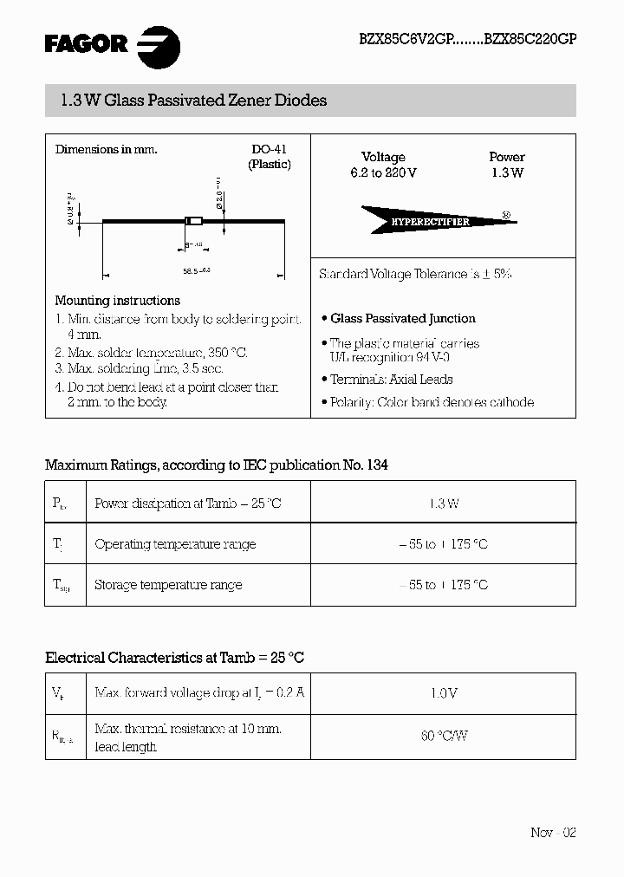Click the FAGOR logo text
pyautogui.click(x=85, y=42)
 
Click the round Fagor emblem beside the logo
pyautogui.click(x=159, y=44)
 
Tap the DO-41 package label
pyautogui.click(x=269, y=149)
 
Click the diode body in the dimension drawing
pyautogui.click(x=194, y=221)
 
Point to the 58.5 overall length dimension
pyautogui.click(x=197, y=271)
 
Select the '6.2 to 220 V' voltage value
pyautogui.click(x=383, y=172)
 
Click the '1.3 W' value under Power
pyautogui.click(x=506, y=172)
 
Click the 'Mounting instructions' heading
pyautogui.click(x=117, y=301)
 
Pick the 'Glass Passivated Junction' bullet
pyautogui.click(x=402, y=318)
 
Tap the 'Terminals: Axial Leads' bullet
pyautogui.click(x=391, y=380)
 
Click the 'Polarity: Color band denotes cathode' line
pyautogui.click(x=432, y=402)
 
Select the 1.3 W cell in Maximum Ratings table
pyautogui.click(x=443, y=503)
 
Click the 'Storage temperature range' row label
pyautogui.click(x=168, y=585)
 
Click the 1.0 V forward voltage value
pyautogui.click(x=443, y=693)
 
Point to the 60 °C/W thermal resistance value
pyautogui.click(x=443, y=736)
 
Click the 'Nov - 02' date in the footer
pyautogui.click(x=553, y=832)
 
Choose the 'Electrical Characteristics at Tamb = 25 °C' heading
pyautogui.click(x=174, y=658)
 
